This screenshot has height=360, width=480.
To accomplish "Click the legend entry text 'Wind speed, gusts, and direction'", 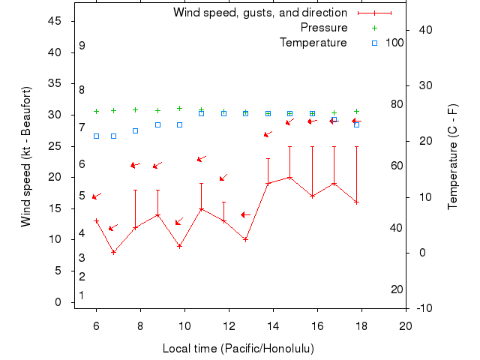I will (259, 13).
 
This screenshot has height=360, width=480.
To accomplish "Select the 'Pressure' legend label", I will (323, 28).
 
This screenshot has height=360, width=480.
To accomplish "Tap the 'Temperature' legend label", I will (313, 43).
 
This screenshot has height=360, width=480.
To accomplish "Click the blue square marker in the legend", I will (374, 43).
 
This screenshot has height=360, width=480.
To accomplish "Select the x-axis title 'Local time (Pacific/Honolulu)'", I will (238, 349).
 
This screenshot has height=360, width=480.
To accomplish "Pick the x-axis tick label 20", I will (406, 326).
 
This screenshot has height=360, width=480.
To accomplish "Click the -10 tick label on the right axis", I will (424, 308).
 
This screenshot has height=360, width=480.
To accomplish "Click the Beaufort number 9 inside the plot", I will (82, 46).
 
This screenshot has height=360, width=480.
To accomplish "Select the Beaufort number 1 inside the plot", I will (81, 295).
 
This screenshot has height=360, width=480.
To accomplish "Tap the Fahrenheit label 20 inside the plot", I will (397, 289).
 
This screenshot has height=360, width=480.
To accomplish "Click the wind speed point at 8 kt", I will (113, 252).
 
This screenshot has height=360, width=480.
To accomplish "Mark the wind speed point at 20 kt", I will (289, 178).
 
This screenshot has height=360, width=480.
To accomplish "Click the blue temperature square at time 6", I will (96, 136).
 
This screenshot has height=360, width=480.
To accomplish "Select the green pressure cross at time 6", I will (96, 111).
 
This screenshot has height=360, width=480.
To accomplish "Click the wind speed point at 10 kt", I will (245, 239).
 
